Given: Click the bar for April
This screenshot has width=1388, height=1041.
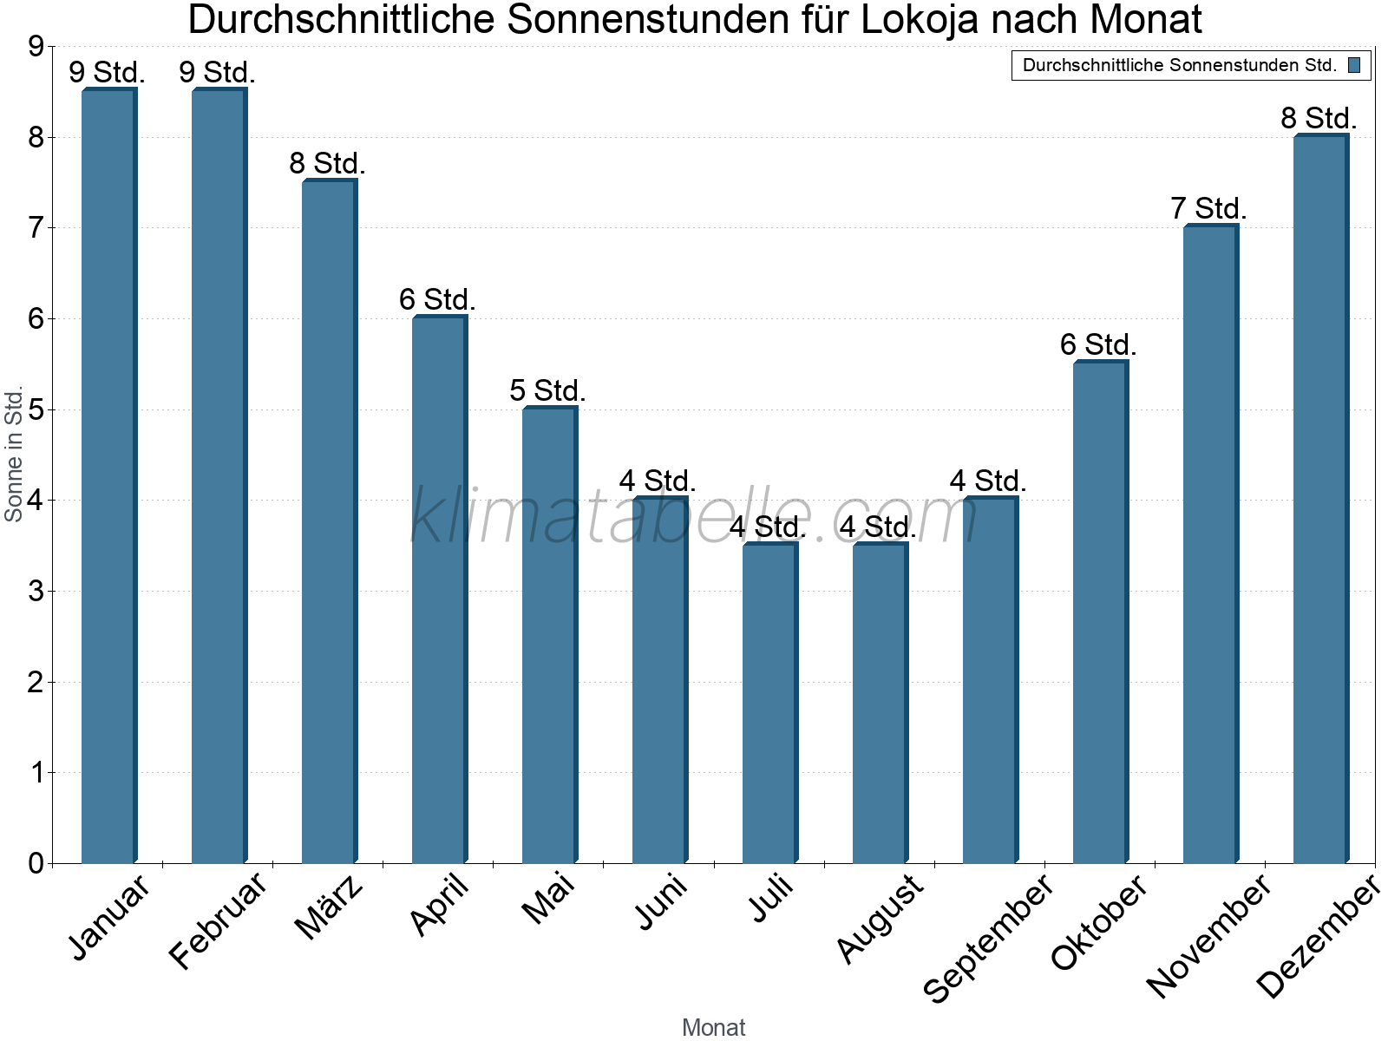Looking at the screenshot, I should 439,590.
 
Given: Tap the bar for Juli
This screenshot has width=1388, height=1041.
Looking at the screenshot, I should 769,703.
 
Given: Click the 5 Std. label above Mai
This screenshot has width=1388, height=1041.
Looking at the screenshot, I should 547,390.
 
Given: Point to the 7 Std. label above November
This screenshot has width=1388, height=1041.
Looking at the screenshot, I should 1208,209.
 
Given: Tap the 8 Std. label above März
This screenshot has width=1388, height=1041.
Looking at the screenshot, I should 327,163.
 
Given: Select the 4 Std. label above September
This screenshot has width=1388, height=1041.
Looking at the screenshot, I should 988,481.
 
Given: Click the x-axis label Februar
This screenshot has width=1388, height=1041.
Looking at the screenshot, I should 218,921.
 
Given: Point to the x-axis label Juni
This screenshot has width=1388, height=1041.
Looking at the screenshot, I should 661,902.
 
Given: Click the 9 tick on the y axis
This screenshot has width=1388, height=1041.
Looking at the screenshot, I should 36,47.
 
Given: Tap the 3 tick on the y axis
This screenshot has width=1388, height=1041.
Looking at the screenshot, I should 36,592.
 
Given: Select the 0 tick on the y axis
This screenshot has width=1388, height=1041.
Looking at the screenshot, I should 36,863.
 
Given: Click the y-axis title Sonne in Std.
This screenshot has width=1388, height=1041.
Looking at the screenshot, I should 14,454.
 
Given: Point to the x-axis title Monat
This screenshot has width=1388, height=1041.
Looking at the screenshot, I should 713,1027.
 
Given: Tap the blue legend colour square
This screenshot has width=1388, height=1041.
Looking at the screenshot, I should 1354,65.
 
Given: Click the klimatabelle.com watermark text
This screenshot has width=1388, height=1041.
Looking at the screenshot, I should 694,516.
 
